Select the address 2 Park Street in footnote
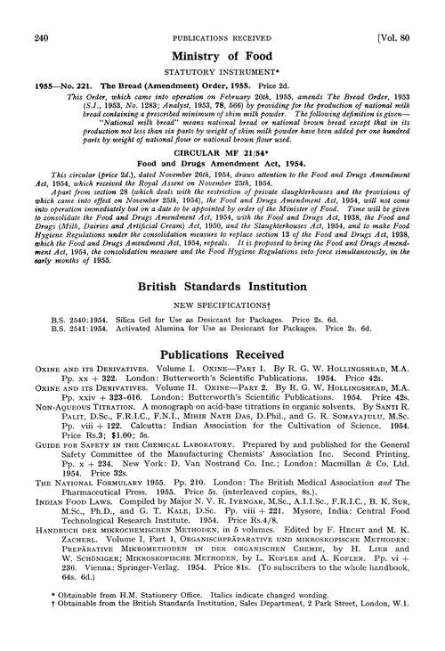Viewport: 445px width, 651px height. tap(319, 639)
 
